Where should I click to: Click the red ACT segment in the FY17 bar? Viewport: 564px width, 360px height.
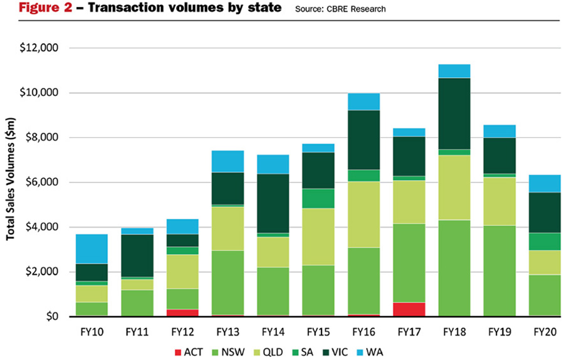click(409, 309)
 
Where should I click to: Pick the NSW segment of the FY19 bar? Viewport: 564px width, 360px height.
click(499, 270)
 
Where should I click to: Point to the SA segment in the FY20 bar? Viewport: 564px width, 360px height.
click(544, 241)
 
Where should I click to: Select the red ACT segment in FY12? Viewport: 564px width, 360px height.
click(183, 312)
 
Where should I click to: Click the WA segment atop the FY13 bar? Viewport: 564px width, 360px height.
click(228, 161)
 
